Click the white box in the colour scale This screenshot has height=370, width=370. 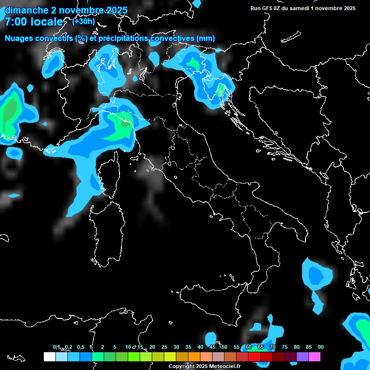pyautogui.click(x=49, y=357)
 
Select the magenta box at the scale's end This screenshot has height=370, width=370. pyautogui.click(x=315, y=357)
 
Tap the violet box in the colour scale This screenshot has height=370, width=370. pyautogui.click(x=303, y=357)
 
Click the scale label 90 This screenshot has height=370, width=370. pyautogui.click(x=320, y=347)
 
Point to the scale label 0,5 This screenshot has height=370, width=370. pyautogui.click(x=80, y=347)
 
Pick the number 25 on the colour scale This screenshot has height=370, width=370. pyautogui.click(x=164, y=347)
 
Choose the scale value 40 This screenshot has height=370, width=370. pyautogui.click(x=200, y=347)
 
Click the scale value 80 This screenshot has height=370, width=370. pyautogui.click(x=297, y=347)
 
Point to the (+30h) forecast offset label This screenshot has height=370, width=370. pyautogui.click(x=83, y=21)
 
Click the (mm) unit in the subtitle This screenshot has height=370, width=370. pyautogui.click(x=206, y=38)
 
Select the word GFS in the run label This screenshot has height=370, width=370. pyautogui.click(x=267, y=8)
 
